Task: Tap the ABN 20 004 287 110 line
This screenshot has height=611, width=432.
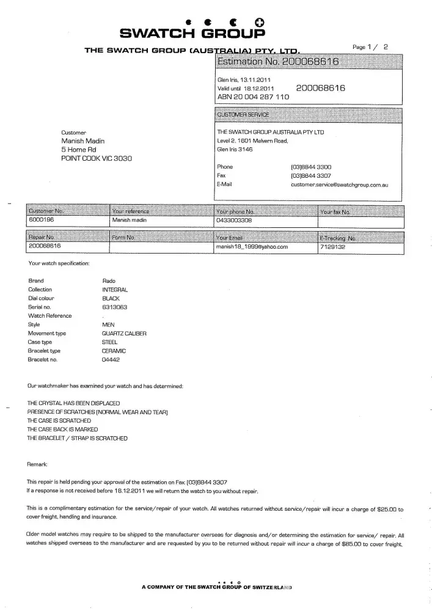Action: coord(253,97)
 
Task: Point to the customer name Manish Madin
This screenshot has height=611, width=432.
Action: coord(83,141)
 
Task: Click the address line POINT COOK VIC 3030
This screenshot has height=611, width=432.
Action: coord(96,158)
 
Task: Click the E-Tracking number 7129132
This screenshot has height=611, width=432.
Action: coord(333,247)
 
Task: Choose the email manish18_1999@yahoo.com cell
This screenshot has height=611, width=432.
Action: coord(252,247)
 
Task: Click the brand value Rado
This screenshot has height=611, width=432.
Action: coord(109,280)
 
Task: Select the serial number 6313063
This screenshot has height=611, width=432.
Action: coord(114,307)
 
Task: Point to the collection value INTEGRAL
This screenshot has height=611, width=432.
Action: coord(115,290)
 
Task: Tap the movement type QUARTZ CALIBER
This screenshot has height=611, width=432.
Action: coord(124,334)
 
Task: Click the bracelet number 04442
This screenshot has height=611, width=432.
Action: coord(111,360)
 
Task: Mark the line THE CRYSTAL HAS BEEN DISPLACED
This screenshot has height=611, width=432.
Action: coord(73,404)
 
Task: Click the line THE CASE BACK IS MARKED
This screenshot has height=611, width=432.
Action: coord(63,430)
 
